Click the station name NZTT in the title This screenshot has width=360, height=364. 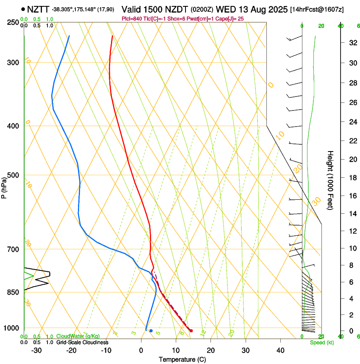[x=39, y=9]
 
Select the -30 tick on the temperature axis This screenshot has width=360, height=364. [x=36, y=350]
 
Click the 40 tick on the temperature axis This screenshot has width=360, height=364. [x=280, y=350]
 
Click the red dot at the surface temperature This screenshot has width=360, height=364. [x=191, y=331]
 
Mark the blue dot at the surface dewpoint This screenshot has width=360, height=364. [x=151, y=331]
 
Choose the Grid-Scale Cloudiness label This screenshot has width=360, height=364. [x=82, y=342]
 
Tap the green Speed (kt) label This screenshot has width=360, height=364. [x=320, y=342]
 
